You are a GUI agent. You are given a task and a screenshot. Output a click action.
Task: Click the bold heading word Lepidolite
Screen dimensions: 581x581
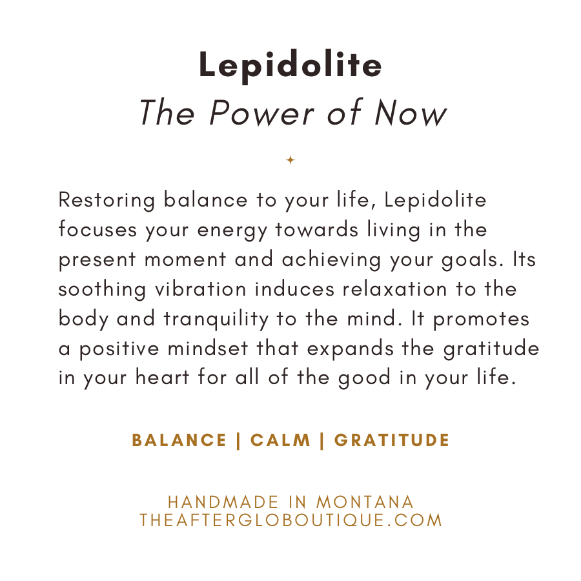290,65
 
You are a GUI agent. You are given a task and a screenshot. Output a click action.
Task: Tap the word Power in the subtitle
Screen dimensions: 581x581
261,112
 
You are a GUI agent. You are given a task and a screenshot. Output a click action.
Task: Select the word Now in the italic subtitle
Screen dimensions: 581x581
411,112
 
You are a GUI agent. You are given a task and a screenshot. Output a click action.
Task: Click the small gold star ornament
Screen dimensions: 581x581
290,159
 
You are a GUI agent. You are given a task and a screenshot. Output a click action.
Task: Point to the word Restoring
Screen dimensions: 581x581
107,201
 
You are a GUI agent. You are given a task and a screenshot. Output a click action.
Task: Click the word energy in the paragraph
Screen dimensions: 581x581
232,231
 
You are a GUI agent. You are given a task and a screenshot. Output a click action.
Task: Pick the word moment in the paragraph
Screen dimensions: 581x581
185,260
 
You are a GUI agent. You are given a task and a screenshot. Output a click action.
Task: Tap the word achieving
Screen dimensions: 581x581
332,260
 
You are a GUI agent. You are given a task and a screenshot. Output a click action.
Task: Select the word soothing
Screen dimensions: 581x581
102,289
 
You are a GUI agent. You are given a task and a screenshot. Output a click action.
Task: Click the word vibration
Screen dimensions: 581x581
201,289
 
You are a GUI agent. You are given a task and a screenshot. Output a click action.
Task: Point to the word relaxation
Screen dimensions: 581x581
394,289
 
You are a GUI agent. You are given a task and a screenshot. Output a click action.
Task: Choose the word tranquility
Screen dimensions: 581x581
216,320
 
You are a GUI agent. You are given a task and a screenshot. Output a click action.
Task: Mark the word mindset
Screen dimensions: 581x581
207,349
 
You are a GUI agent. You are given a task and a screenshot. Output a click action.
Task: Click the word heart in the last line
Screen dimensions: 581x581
162,378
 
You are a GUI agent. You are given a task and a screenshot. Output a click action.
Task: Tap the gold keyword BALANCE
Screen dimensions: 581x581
179,440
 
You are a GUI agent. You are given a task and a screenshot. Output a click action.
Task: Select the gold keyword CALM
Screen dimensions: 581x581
281,440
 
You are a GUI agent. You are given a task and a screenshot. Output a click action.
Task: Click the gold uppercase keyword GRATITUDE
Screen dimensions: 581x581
392,440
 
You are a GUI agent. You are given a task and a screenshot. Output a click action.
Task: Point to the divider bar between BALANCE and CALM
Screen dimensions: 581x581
238,440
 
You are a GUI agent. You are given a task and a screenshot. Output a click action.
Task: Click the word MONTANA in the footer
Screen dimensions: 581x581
365,502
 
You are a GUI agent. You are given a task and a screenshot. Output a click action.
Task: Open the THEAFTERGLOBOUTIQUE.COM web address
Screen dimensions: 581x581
291,520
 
